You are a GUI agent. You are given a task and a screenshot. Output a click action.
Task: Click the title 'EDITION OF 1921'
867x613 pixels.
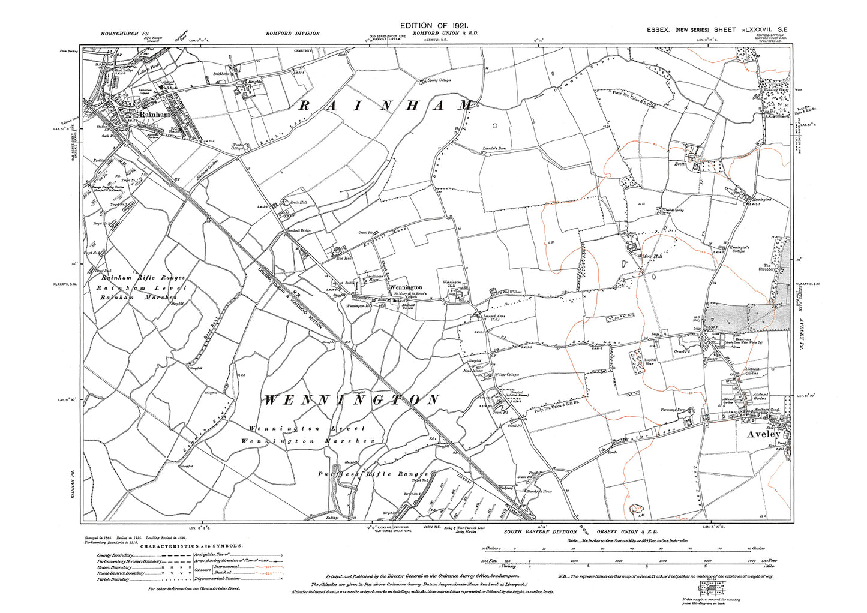(433, 25)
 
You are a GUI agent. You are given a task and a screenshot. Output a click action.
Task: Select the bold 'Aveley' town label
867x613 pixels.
(763, 434)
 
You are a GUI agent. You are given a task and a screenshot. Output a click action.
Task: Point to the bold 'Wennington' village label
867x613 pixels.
(406, 287)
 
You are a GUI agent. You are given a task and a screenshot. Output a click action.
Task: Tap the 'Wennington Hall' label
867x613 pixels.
(452, 284)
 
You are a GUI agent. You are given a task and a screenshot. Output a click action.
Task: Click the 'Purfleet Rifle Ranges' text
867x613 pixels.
(373, 474)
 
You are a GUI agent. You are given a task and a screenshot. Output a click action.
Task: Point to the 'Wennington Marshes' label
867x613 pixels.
(308, 441)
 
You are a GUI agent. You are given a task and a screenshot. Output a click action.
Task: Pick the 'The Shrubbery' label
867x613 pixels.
(770, 268)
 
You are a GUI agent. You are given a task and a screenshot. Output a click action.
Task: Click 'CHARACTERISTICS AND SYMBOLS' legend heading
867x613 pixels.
(191, 546)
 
